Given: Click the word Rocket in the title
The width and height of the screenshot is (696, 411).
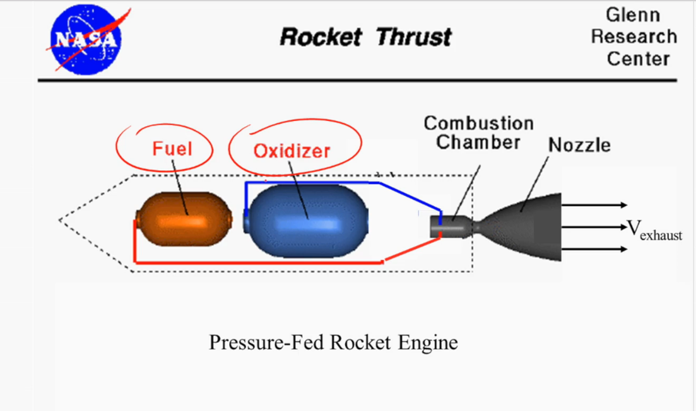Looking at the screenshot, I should (321, 37).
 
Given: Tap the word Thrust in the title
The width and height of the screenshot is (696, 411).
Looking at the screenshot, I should (413, 37).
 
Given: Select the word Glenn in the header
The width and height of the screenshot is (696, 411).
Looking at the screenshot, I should (633, 14).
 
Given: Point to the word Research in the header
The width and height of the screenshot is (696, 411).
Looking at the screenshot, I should (634, 37).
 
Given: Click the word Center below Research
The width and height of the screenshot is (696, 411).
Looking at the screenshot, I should (637, 59).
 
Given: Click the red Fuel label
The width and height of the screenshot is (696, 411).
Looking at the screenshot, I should (172, 149).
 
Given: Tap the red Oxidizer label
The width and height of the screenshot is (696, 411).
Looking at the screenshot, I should (292, 151).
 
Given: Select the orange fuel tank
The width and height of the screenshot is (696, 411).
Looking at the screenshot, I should (184, 219).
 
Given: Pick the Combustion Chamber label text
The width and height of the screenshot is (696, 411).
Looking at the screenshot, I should (478, 132).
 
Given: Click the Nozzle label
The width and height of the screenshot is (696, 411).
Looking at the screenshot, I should (579, 146).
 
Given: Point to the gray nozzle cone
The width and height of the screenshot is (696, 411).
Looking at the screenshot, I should (530, 227).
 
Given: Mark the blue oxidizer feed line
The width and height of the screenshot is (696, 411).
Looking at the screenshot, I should (316, 183).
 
